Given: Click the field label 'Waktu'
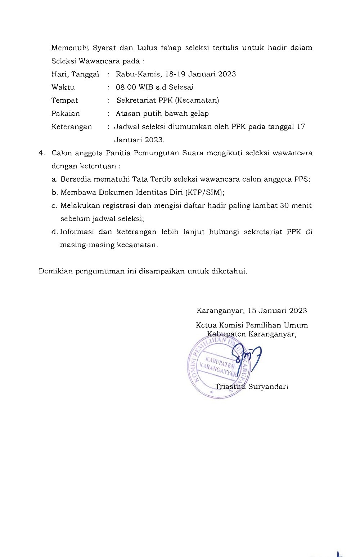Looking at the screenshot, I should [x=63, y=87].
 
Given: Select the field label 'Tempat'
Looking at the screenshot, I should [x=64, y=101].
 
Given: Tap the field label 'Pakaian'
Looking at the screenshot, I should [x=66, y=113].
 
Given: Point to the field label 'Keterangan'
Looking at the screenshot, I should [x=72, y=127].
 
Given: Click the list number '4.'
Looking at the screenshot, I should [x=42, y=153].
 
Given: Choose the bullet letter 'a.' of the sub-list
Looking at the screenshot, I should [x=55, y=179].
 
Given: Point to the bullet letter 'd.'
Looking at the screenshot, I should [x=55, y=232].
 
